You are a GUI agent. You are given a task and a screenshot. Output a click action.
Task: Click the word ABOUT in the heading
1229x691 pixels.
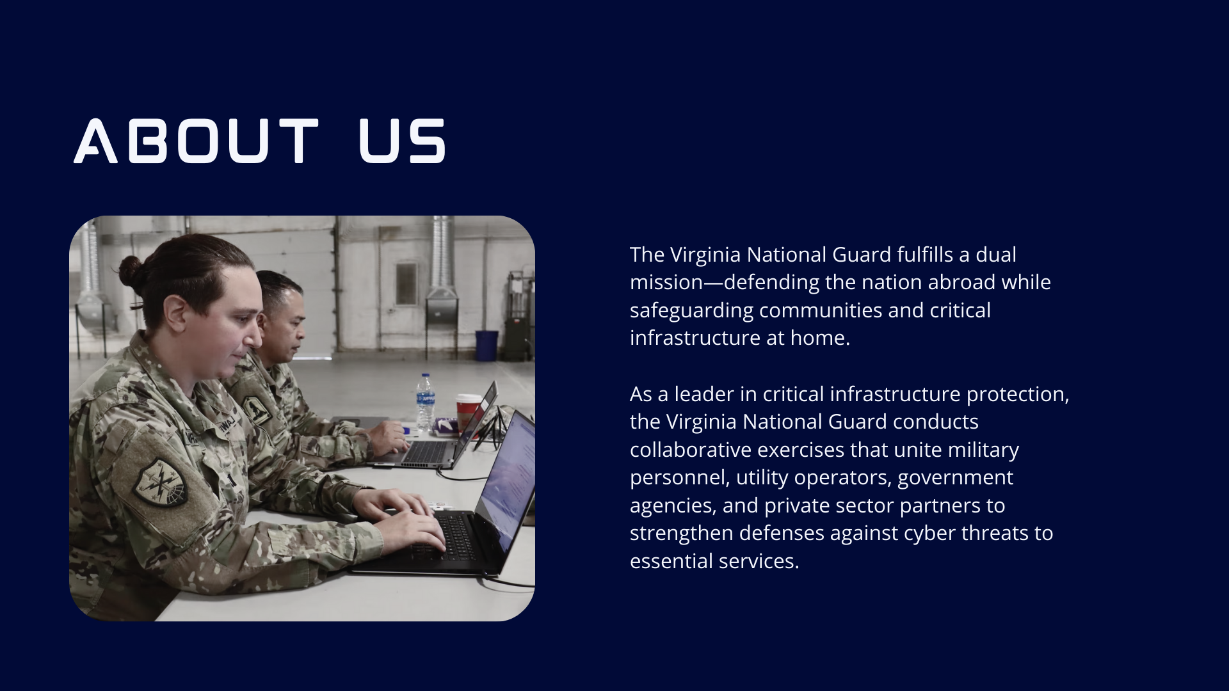[x=196, y=141]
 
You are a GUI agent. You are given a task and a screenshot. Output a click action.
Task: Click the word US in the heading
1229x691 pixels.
[x=402, y=141]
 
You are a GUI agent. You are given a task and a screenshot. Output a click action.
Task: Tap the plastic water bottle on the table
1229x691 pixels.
[x=425, y=402]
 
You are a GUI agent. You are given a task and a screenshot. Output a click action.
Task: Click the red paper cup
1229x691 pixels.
[x=466, y=413]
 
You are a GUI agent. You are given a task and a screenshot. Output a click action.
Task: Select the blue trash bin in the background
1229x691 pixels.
[x=486, y=345]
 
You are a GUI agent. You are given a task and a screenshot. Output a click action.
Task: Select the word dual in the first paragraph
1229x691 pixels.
[x=996, y=255]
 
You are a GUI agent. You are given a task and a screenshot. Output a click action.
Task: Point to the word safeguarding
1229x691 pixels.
[x=692, y=311]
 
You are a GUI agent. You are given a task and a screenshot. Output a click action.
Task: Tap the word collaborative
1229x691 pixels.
[x=691, y=450]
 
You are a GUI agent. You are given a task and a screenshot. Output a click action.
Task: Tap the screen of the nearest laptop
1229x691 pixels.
[x=509, y=480]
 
